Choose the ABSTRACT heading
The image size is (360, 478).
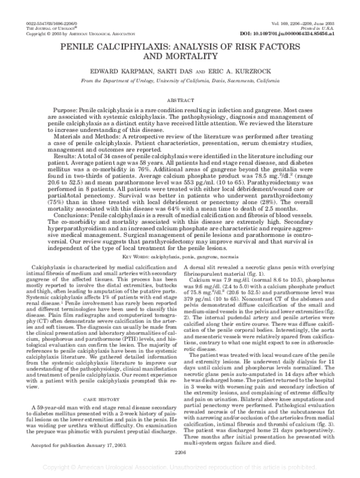pos(180,96)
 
